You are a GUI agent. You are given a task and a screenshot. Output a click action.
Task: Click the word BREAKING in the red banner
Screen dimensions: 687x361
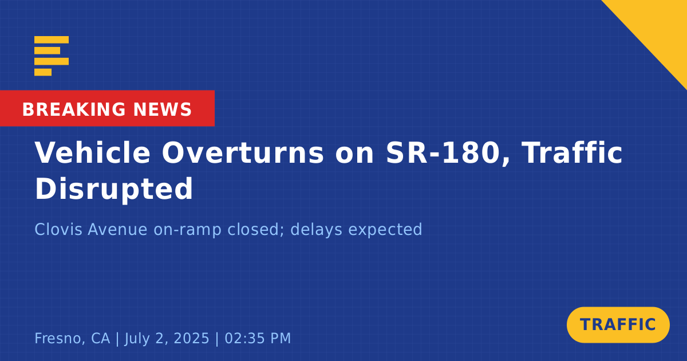[x=74, y=109]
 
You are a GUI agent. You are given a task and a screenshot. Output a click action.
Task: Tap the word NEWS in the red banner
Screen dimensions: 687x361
[x=163, y=109]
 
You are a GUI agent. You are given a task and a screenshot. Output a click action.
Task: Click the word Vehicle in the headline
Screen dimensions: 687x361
[x=92, y=152]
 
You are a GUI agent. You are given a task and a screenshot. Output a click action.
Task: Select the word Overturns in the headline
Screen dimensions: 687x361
[x=243, y=152]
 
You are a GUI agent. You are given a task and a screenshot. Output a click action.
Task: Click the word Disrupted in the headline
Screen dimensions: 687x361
[x=114, y=189]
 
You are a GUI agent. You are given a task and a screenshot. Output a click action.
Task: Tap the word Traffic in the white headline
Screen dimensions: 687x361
[x=572, y=152]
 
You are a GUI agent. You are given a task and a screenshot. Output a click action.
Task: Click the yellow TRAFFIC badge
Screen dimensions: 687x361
[x=618, y=325]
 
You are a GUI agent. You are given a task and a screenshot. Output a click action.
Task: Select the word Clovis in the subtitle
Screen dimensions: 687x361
[x=58, y=229]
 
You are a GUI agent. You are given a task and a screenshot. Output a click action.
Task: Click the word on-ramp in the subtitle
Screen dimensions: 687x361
[x=187, y=230]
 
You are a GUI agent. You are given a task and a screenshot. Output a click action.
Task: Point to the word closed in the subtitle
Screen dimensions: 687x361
[x=255, y=230]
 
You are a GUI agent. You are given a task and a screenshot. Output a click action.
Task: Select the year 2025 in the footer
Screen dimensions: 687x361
[x=191, y=338]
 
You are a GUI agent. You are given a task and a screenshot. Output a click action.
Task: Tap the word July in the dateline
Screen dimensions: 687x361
[x=137, y=339]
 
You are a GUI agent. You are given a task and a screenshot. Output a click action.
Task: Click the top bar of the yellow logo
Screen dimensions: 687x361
[x=52, y=40]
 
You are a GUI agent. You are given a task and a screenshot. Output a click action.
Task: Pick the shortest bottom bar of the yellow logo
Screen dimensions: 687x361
[x=43, y=72]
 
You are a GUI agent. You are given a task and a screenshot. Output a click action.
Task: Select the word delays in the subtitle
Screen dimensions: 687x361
[x=316, y=230]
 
